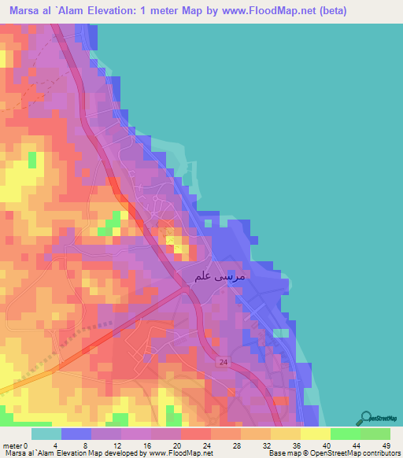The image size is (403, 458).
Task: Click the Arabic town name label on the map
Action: point(219,276)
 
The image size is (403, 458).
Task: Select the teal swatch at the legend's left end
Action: point(46,434)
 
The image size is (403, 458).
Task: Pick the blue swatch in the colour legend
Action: point(76,434)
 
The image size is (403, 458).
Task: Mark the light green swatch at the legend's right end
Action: point(375,434)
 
